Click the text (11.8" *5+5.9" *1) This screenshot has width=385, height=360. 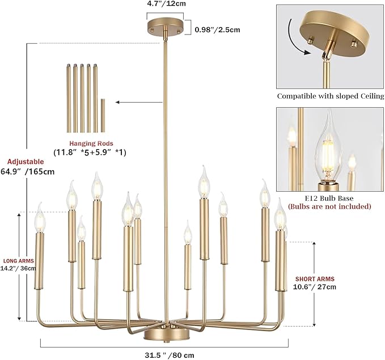(90, 153)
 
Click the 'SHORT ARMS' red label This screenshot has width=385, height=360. (315, 279)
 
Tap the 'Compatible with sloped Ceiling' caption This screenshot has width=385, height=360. (329, 96)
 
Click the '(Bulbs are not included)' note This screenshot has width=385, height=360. (329, 206)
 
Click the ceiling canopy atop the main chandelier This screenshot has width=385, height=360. (164, 28)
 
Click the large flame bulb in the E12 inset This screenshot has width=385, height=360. (327, 147)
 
